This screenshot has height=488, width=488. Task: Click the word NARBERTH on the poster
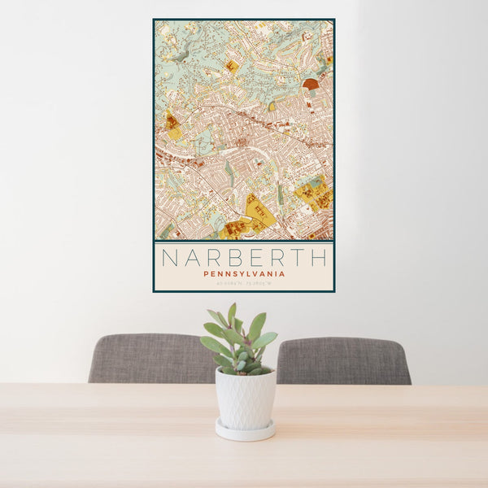click(244, 258)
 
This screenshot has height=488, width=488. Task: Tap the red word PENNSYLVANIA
click(244, 274)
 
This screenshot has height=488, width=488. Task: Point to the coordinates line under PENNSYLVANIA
click(244, 283)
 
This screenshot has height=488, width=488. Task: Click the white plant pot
click(245, 399)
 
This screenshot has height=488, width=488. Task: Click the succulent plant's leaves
click(240, 342)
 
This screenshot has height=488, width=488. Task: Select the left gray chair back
click(150, 358)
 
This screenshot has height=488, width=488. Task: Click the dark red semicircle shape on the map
click(311, 84)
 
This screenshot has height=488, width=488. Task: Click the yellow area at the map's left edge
click(172, 126)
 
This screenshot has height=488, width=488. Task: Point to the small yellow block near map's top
click(232, 67)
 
